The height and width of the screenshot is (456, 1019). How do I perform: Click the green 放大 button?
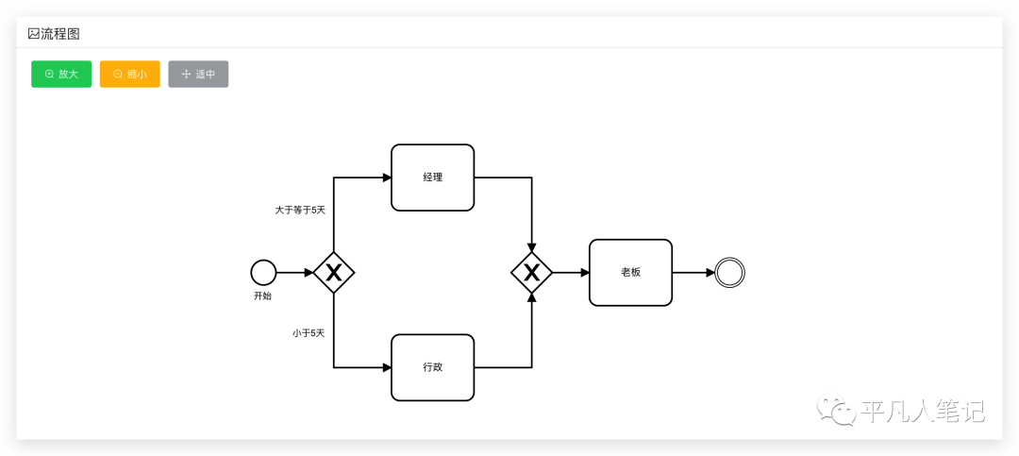[61, 74]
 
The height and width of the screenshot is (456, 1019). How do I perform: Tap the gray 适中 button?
[198, 74]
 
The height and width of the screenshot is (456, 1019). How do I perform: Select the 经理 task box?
[432, 177]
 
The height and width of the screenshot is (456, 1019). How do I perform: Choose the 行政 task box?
[432, 367]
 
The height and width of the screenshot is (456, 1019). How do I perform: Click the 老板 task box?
[630, 272]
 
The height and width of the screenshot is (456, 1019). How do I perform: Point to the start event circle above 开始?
[263, 272]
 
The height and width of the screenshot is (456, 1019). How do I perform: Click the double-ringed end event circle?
[730, 272]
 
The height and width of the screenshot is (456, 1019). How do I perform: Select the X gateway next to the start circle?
[333, 273]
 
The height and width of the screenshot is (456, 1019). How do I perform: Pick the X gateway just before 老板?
[531, 273]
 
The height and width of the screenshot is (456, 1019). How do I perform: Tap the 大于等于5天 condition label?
[300, 210]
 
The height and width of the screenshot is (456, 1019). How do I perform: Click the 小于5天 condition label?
[309, 332]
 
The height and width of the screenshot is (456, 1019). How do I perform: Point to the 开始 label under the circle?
[262, 296]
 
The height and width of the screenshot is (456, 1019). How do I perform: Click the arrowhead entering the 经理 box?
[387, 177]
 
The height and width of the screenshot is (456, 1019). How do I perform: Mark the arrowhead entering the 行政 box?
[387, 367]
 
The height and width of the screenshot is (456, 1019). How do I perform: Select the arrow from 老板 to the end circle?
[693, 272]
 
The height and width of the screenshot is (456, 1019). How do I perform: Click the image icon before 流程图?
[33, 33]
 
